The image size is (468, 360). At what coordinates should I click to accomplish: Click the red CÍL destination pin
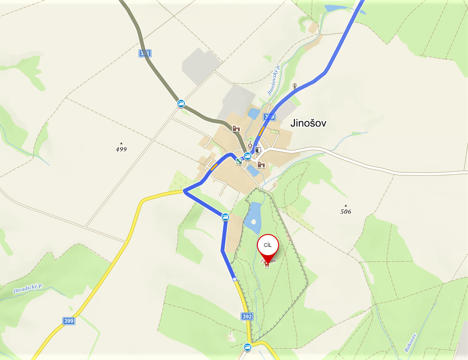[268, 246]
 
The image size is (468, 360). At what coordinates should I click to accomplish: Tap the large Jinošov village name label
[308, 123]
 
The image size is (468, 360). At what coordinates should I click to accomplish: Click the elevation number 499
[121, 149]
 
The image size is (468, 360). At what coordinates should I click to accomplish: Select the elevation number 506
[346, 211]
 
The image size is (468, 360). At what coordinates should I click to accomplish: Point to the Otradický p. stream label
[28, 289]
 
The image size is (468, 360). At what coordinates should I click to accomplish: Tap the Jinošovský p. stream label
[274, 80]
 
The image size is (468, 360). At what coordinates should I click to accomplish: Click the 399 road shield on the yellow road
[69, 321]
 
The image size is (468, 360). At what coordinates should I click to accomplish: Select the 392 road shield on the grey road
[145, 54]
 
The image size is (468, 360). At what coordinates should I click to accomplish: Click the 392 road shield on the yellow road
[247, 317]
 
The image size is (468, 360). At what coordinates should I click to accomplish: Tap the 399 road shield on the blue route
[269, 117]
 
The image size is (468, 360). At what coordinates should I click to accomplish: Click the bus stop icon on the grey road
[181, 103]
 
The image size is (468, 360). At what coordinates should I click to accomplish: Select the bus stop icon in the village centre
[248, 156]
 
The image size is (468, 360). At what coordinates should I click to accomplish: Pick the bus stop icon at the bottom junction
[248, 347]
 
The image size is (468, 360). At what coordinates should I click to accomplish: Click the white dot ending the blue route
[235, 279]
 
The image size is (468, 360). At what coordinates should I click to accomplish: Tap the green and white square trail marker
[239, 161]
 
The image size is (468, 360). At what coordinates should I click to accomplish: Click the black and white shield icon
[258, 150]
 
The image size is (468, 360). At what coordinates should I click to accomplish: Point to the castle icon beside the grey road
[236, 129]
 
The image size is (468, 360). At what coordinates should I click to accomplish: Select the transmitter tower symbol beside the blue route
[295, 86]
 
